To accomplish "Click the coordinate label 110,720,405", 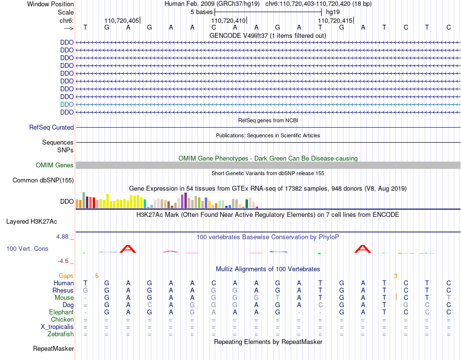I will point(122,21).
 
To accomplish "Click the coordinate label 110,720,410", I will point(229,21).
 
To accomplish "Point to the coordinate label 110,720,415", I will point(335,21).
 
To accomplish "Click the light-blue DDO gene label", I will point(67,105).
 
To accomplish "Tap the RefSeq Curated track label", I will point(51,128).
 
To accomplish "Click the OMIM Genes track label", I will point(55,165).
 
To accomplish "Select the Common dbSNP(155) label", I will point(43,180).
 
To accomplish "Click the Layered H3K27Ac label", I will point(32,222).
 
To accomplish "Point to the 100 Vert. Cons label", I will point(27,248).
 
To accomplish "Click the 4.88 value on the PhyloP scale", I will point(63,237).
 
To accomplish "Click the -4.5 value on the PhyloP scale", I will point(64,261).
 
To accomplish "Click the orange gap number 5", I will point(97,276).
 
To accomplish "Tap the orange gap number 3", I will point(395,276).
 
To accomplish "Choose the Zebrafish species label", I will point(61,334).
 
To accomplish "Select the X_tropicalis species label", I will point(57,327).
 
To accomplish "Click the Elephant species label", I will point(61,312).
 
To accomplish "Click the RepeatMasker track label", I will point(53,349).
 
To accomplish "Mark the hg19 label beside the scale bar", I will point(333,12).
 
